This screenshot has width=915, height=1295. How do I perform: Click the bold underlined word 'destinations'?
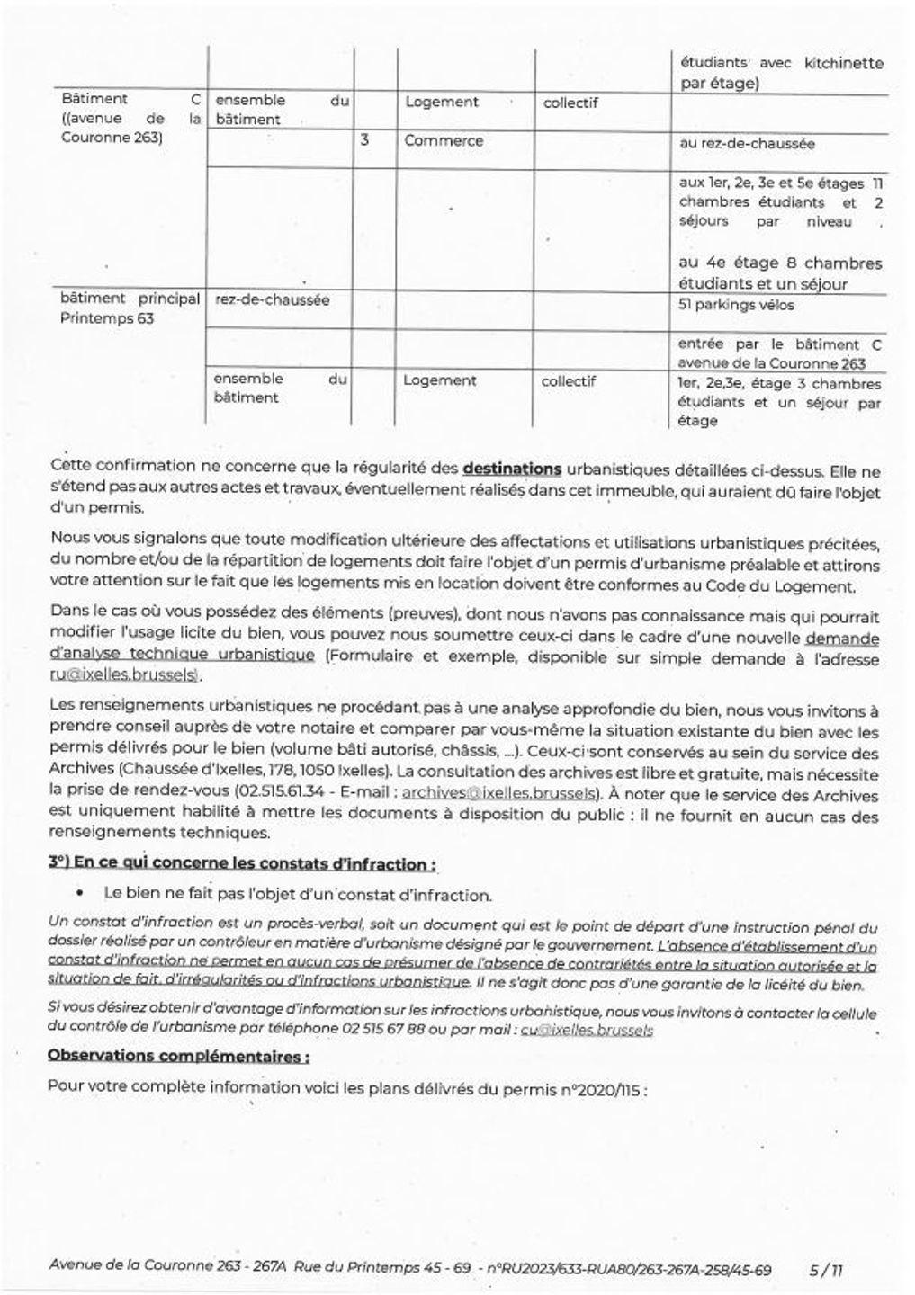point(512,469)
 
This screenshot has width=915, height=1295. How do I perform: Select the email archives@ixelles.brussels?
point(499,794)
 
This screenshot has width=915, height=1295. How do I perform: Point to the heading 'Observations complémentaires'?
point(179,1057)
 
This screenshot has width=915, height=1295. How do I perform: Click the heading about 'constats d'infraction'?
point(243,864)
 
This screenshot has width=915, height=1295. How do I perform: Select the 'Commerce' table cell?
point(444,141)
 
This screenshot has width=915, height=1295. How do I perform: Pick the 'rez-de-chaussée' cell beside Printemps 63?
point(272,299)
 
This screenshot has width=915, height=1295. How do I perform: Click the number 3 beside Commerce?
point(364,141)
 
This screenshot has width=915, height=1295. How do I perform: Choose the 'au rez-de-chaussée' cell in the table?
point(747,144)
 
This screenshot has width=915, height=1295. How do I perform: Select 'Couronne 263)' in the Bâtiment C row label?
point(112,138)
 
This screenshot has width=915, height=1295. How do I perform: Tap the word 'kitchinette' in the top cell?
point(843,64)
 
